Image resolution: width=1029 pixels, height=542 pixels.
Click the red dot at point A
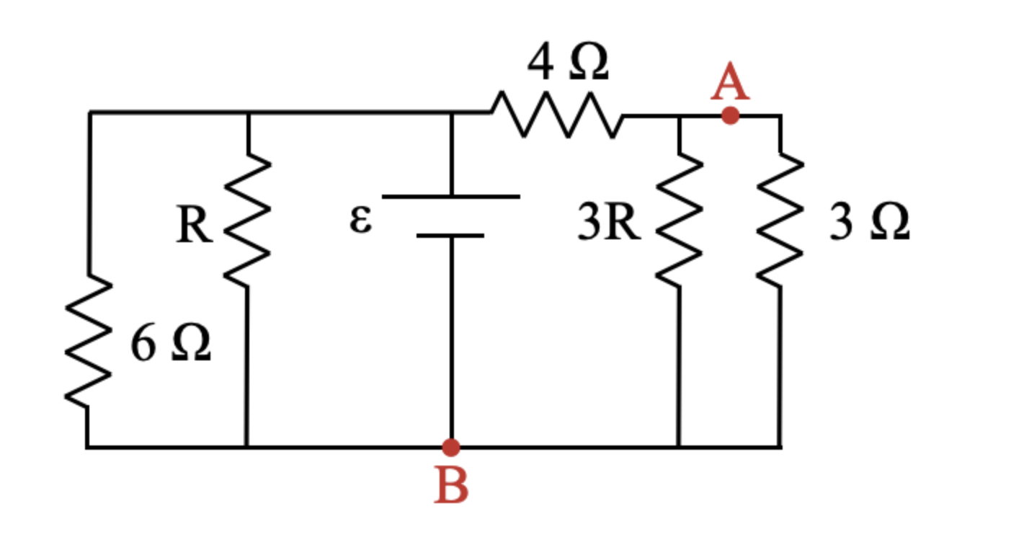pos(730,115)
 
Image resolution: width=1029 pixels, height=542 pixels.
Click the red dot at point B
pos(451,448)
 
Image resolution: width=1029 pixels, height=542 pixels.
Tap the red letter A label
pos(730,84)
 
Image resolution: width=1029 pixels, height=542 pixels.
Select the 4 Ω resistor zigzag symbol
pos(556,114)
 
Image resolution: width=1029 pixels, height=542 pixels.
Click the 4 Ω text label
pos(568,63)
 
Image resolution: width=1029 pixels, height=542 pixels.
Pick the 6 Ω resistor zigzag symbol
pos(88,342)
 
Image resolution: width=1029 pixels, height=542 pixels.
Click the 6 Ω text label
pos(171,345)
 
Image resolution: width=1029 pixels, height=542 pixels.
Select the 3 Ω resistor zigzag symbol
pos(780,220)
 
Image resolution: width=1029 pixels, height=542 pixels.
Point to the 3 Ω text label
pos(869,223)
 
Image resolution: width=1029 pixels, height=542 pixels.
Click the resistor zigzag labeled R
pos(247,220)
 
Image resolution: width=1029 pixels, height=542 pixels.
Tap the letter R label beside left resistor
pos(194,226)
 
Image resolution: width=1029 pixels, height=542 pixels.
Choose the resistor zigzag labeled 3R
pos(679,220)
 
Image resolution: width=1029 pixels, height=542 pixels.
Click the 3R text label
pos(609,224)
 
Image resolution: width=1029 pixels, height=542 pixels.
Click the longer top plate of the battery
pos(451,196)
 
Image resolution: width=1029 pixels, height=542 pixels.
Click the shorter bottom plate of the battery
pos(451,235)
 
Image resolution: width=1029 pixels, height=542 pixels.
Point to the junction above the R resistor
pos(247,113)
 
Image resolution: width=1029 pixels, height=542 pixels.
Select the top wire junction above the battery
pos(451,113)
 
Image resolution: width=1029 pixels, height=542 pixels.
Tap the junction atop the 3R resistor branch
pos(679,115)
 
